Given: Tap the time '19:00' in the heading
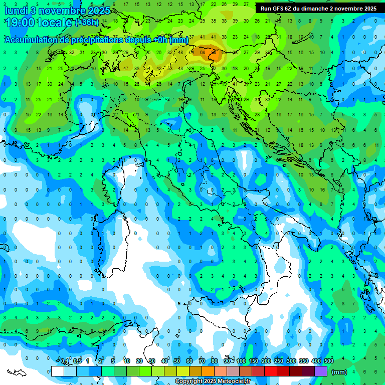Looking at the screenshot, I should pos(20,23).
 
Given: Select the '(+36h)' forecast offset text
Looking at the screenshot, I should pos(87,23).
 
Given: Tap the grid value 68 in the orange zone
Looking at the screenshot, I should pos(203,52).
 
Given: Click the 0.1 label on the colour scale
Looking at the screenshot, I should pos(65,361).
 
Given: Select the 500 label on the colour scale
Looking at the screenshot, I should pos(328,361).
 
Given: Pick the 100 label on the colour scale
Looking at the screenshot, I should pos(241,361).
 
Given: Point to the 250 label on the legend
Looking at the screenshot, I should pos(278,361).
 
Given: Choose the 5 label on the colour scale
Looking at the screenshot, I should pos(114,361).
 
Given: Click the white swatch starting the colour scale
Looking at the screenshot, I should pos(58,371).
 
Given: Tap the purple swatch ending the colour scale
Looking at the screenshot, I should pos(321,371).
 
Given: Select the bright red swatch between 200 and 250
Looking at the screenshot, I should pos(271,371).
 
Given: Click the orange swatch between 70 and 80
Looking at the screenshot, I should pos(208,371).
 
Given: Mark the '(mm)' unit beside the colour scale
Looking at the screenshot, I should pos(339,371).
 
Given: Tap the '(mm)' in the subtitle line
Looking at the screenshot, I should pos(179,40).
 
